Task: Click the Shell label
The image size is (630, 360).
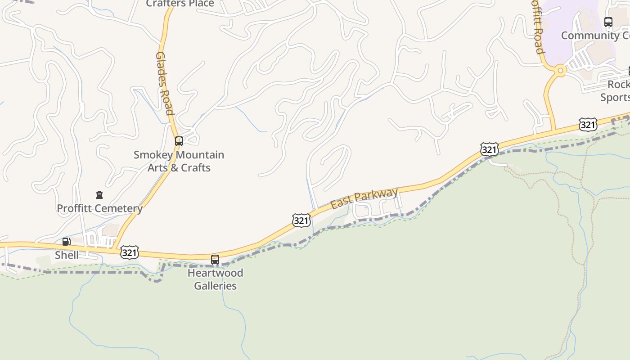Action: coord(67,255)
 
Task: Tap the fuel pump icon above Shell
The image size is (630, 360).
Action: coord(66,242)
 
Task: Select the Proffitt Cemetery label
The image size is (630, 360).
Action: coord(99,208)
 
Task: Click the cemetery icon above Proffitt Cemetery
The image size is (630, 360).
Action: coord(99,195)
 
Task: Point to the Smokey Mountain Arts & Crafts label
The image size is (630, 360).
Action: coord(179,161)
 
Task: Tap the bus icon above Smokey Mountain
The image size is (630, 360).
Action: coord(179,141)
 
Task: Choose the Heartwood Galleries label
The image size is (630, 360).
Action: coord(215,279)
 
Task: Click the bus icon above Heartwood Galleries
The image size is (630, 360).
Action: coord(215,259)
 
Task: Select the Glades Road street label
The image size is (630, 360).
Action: coord(165,83)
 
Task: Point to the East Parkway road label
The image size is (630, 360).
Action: coord(364,198)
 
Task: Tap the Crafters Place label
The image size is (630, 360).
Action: coord(180,4)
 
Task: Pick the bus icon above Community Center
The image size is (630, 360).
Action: coord(608,22)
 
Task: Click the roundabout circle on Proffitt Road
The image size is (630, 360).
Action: coord(560,70)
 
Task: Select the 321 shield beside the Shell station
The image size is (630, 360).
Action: coord(129,252)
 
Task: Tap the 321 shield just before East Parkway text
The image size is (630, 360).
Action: coord(301,220)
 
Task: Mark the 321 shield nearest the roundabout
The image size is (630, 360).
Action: coord(588,124)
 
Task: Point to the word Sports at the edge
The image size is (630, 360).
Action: coord(615,97)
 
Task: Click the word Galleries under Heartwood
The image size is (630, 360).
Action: coord(215,286)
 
